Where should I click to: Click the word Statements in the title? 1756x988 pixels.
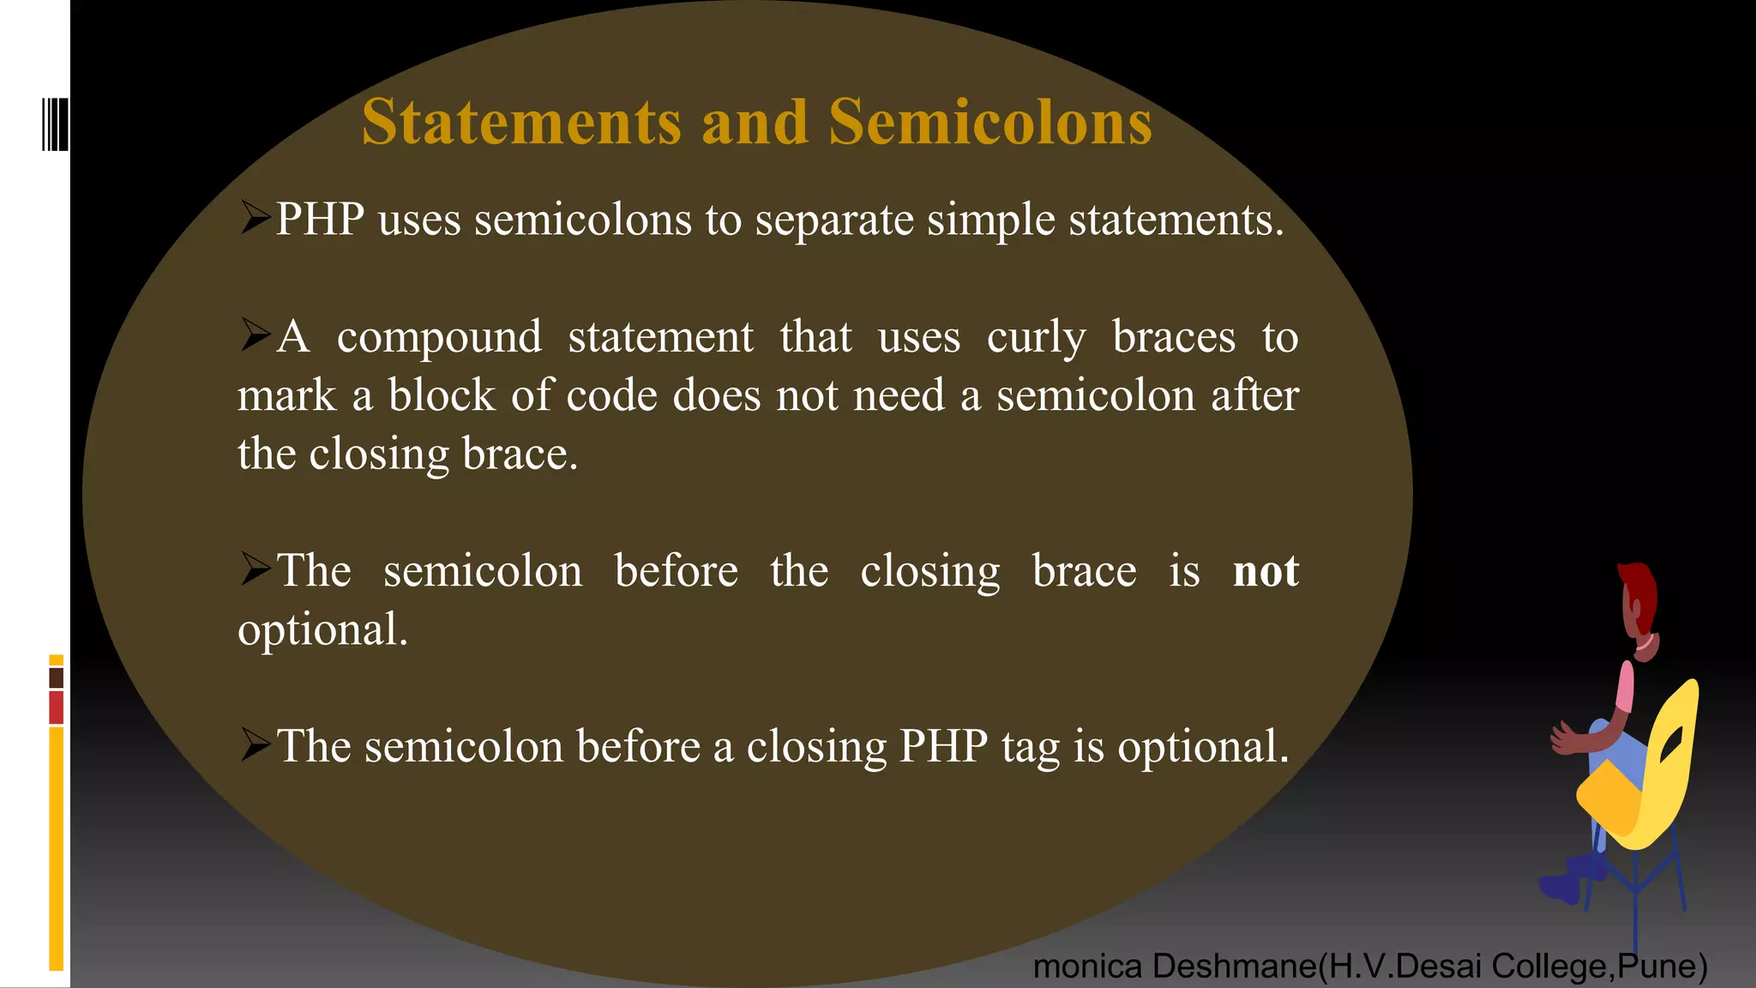[521, 123]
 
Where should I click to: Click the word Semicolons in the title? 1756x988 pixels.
[989, 123]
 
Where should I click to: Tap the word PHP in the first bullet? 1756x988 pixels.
[320, 220]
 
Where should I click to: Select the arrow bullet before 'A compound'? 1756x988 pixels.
[255, 334]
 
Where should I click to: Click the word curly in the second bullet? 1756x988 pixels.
[1036, 337]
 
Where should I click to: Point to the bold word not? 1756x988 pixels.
[1266, 571]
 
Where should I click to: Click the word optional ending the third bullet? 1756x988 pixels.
[322, 630]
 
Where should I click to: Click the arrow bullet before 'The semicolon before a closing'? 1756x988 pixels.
[255, 744]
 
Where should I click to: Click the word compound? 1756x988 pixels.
[439, 337]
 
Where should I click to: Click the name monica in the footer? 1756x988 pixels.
[1086, 967]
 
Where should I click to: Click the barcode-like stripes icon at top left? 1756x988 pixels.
[55, 124]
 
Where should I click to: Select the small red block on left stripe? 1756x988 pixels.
[57, 708]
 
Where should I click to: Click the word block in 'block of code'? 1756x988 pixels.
[441, 396]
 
